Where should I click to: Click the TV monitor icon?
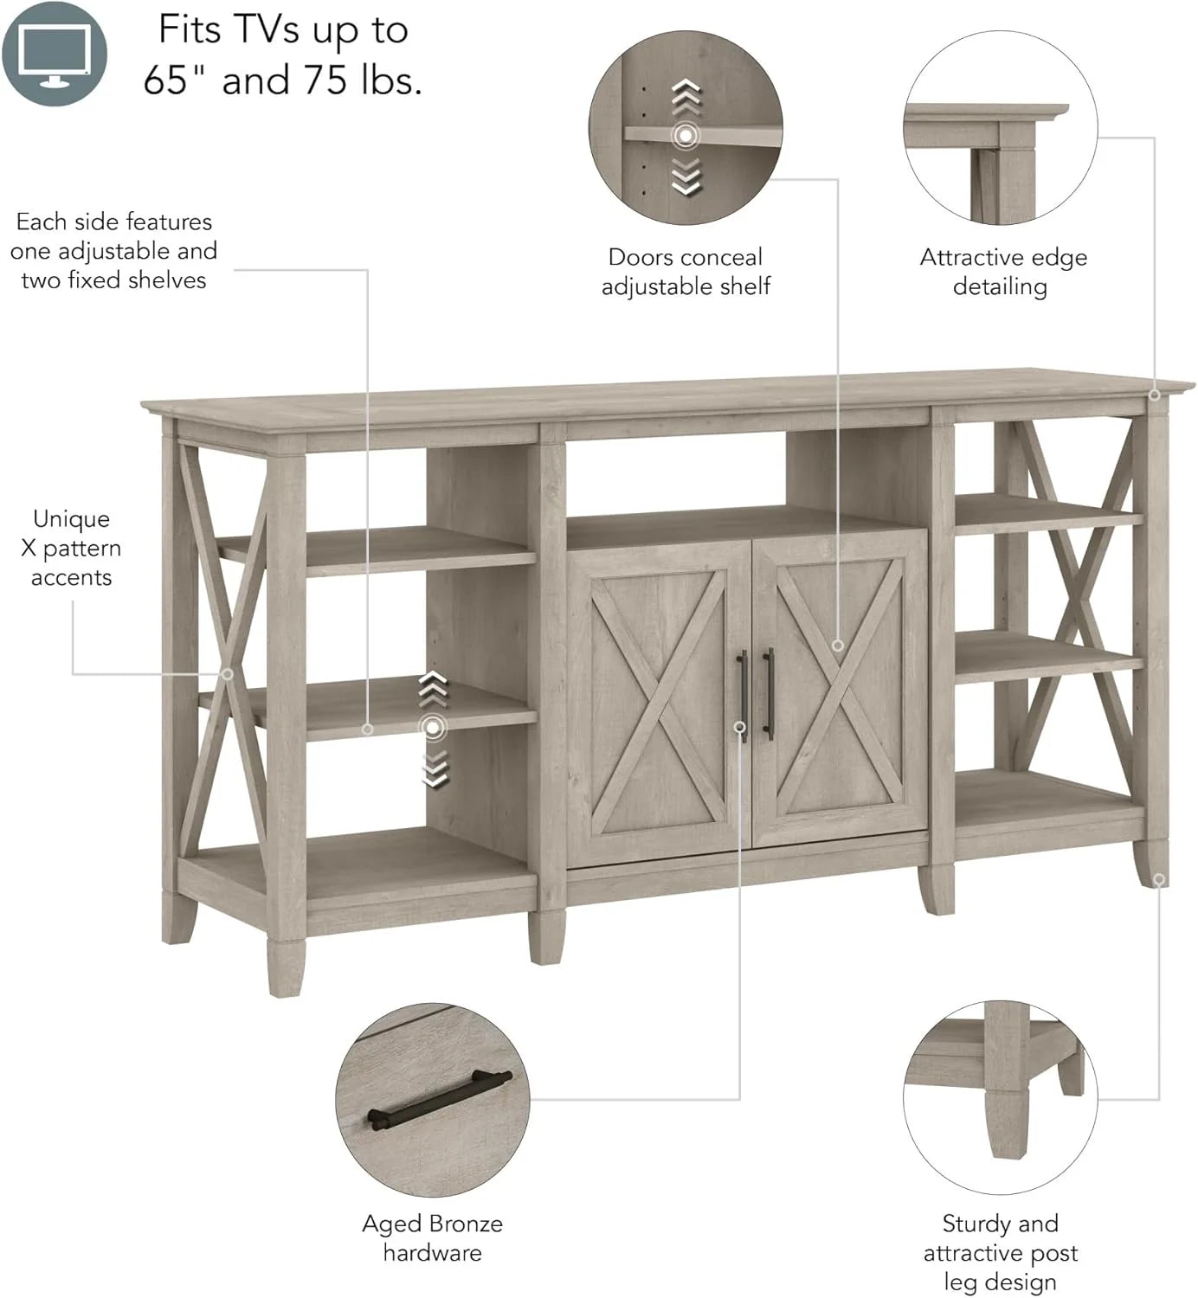55,53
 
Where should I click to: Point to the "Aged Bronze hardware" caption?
432,1237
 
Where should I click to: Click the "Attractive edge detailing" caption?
1002,272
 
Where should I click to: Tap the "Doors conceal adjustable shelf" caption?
686,272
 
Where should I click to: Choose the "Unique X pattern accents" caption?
71,548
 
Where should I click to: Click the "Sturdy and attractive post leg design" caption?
1000,1251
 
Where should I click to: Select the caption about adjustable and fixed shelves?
113,251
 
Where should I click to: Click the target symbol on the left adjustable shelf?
434,728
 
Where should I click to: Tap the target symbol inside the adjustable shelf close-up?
686,135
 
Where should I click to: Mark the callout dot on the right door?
837,645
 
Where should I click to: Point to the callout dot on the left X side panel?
228,673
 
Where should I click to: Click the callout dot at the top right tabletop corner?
1154,395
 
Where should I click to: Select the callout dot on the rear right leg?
1159,879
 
